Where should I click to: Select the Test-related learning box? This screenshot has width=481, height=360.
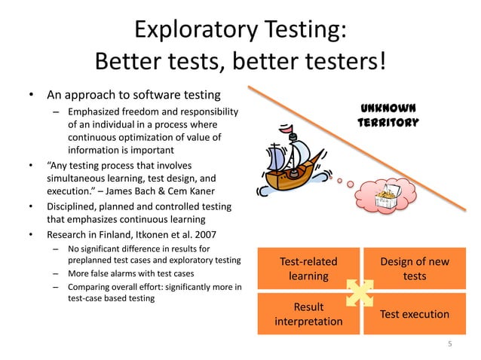[x=308, y=269]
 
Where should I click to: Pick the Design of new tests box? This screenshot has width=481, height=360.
[x=415, y=269]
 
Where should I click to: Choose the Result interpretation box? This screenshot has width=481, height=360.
[x=308, y=314]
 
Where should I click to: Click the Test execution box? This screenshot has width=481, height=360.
[x=415, y=314]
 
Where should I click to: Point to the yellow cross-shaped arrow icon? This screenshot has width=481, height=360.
[x=360, y=292]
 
